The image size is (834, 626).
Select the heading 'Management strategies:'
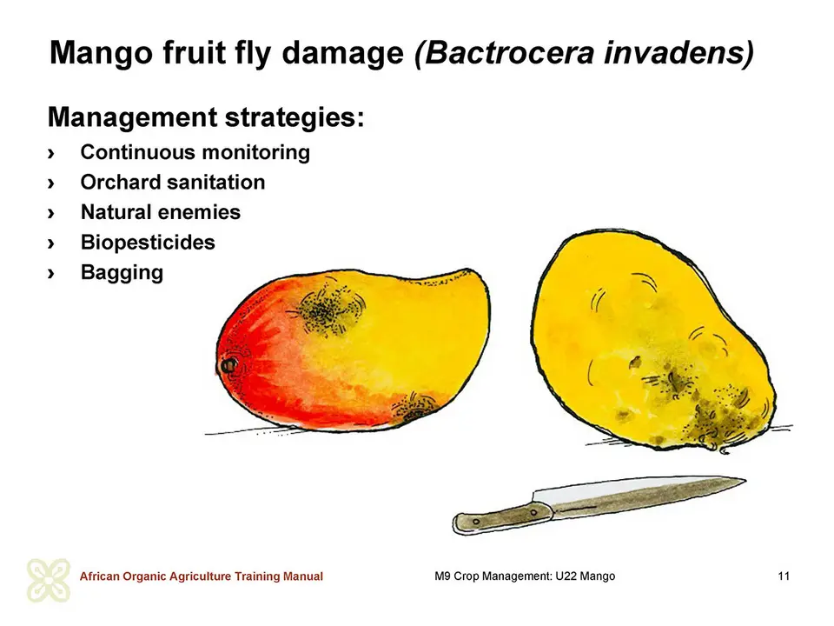207,117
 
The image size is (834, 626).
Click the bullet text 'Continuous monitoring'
195,152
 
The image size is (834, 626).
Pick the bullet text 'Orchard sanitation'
173,182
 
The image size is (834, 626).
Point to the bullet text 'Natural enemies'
161,212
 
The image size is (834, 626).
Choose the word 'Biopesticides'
148,243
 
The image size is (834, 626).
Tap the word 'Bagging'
122,272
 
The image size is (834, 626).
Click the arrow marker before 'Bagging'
51,274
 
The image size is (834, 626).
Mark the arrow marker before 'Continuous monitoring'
51,153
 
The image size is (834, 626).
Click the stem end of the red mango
228,366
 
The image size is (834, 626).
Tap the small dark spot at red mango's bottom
414,406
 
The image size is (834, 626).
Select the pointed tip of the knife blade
745,481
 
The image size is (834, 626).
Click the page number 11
784,576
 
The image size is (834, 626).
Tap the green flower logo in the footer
49,580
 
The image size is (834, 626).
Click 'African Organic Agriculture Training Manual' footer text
202,576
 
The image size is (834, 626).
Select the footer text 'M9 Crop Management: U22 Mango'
525,576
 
